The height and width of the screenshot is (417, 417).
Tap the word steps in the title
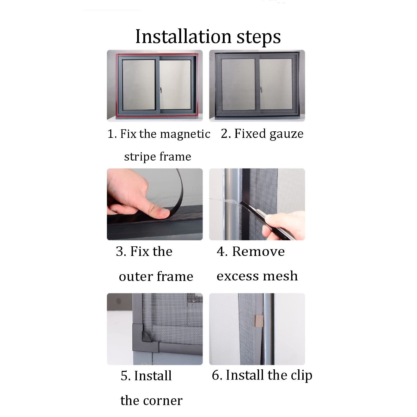tap(259, 37)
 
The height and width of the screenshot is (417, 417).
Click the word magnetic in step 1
tap(185, 134)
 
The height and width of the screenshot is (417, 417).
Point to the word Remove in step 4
tap(258, 252)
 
